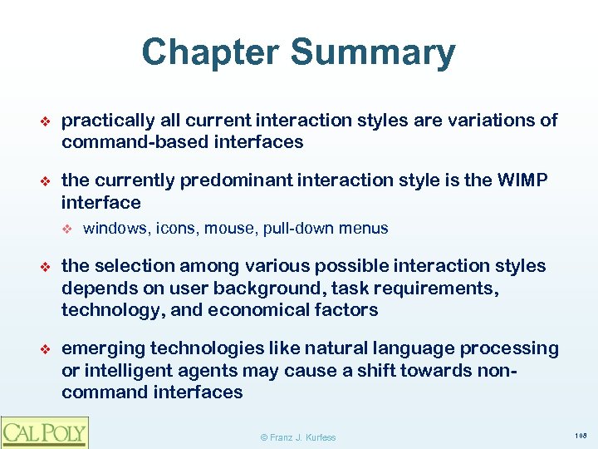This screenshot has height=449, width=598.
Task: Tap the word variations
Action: coord(496,121)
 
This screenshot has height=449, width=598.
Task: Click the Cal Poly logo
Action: coord(44,432)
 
